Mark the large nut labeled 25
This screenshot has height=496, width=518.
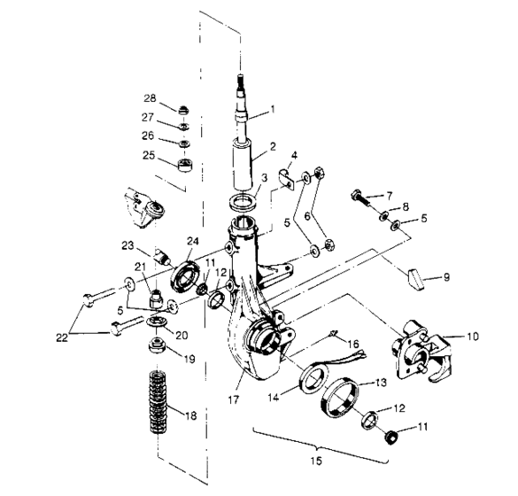[x=184, y=164]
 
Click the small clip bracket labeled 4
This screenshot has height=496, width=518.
[x=282, y=181]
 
